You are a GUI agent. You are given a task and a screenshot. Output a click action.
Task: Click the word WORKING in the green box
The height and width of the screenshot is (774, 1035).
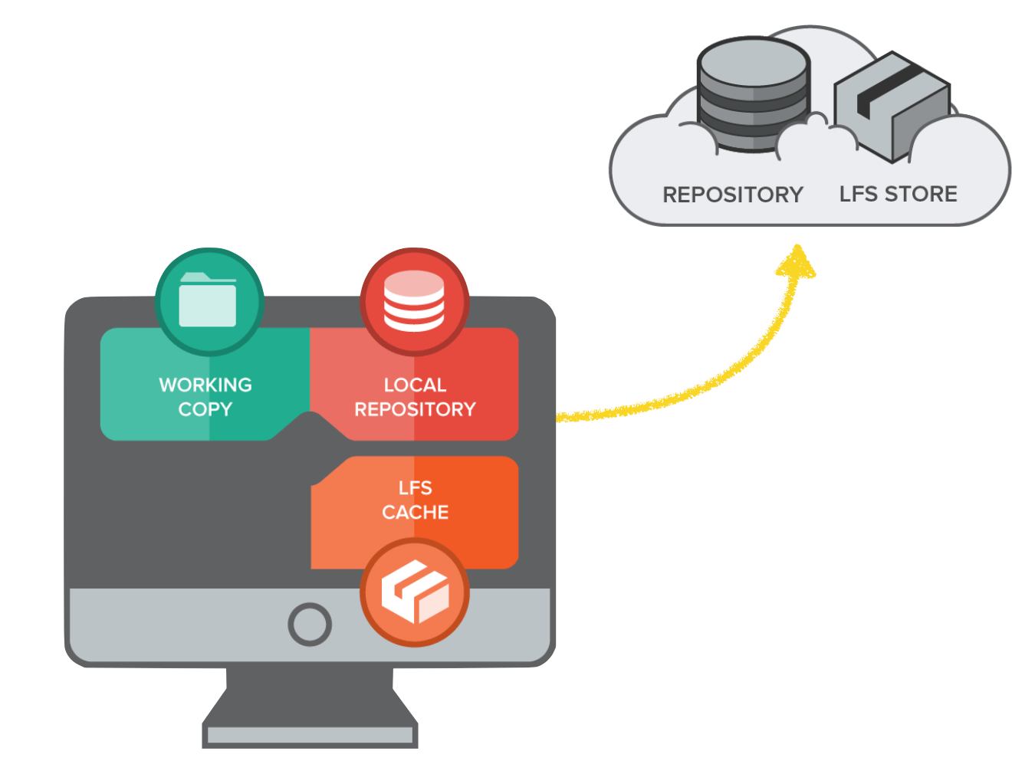click(205, 385)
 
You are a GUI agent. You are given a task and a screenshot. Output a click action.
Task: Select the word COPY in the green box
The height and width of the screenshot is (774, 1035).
click(205, 409)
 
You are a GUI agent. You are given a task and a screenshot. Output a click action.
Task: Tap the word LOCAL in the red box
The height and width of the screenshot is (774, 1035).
click(415, 385)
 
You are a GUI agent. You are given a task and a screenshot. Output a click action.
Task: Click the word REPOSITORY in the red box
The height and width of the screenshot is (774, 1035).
click(415, 409)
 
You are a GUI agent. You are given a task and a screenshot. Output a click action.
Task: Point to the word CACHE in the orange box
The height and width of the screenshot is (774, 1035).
click(415, 512)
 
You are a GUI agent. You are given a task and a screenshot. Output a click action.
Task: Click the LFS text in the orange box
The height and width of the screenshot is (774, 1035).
click(415, 488)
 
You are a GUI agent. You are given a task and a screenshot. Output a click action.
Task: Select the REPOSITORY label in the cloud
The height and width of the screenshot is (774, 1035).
click(732, 195)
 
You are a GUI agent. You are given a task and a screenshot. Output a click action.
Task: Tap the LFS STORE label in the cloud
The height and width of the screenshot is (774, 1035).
click(898, 194)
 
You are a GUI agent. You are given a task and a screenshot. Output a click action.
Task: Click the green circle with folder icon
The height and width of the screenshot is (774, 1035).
click(209, 302)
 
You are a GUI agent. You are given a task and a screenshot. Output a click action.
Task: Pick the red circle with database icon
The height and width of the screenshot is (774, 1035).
click(415, 302)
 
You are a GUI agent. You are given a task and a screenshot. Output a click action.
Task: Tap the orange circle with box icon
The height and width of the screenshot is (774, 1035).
click(415, 592)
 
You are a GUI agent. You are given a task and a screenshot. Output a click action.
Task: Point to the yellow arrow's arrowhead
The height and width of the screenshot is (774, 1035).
click(797, 262)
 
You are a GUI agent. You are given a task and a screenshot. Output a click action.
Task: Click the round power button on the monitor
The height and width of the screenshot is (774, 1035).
click(310, 624)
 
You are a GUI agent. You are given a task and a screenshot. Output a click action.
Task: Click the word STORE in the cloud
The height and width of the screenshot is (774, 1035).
click(921, 194)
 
